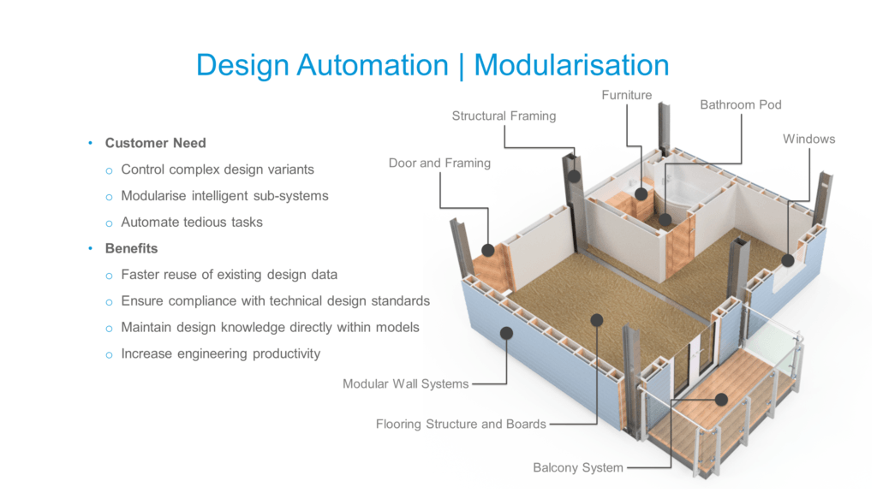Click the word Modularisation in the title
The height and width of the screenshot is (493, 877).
571,65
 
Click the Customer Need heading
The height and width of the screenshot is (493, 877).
155,143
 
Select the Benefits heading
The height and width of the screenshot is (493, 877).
131,248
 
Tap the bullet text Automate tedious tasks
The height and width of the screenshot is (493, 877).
192,222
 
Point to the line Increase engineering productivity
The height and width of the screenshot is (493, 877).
220,353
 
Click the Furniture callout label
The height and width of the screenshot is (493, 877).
626,95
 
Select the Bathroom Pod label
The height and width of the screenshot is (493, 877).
740,104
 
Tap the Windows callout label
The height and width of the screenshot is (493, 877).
808,139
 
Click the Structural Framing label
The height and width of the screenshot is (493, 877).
504,116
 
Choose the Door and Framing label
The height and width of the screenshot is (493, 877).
439,163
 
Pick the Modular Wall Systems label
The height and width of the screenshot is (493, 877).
405,383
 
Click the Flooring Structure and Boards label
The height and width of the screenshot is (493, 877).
461,424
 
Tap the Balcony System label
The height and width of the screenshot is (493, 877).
578,467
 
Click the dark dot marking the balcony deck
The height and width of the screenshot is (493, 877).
721,399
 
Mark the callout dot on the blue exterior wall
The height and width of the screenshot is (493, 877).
507,332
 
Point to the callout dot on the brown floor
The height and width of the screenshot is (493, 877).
596,319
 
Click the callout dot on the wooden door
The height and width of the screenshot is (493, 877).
487,251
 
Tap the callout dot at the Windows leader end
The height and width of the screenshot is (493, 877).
787,259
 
